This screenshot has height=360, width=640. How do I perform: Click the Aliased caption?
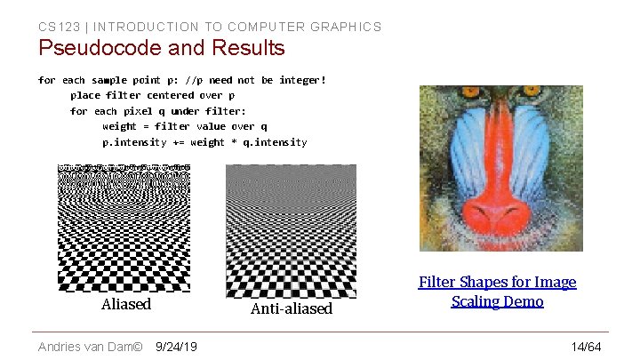coord(126,304)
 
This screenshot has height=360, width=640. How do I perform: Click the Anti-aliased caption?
coord(291,308)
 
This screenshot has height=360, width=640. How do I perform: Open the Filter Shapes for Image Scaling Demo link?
coord(497,292)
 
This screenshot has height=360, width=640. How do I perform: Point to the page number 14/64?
coord(587,346)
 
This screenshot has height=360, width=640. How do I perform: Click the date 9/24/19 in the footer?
coord(176,346)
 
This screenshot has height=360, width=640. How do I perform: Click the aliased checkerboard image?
coord(124,228)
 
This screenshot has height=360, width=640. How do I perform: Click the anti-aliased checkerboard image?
coord(291,231)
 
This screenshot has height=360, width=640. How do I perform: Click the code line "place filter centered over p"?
coord(152,95)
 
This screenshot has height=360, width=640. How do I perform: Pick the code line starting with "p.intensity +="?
coord(204,142)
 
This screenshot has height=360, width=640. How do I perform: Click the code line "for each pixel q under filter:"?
coord(158,111)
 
